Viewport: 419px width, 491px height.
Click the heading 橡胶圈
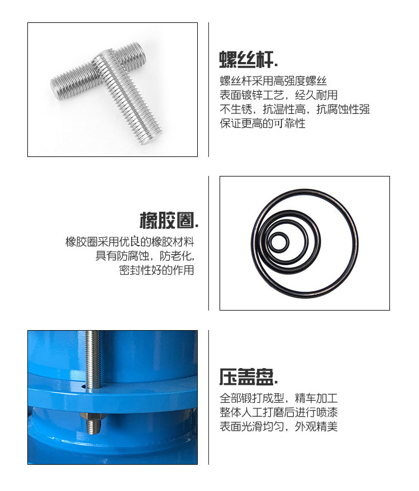point(169,220)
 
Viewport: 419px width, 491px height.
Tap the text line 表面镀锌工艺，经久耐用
point(278,95)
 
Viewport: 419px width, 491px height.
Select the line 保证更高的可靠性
point(263,123)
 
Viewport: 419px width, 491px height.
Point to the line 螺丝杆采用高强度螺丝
point(273,81)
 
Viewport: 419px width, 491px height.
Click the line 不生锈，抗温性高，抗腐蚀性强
point(294,109)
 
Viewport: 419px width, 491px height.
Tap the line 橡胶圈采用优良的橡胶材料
point(130,242)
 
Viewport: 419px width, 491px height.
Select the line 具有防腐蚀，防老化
point(145,256)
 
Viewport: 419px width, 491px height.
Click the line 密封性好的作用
point(156,270)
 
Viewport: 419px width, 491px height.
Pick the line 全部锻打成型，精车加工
point(278,398)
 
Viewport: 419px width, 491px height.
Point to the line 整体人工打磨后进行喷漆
point(278,412)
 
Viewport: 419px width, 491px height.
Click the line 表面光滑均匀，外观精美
point(278,426)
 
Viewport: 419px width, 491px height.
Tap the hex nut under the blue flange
point(93,417)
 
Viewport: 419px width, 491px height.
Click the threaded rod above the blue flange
point(93,360)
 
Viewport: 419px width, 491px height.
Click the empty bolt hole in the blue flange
point(84,387)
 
